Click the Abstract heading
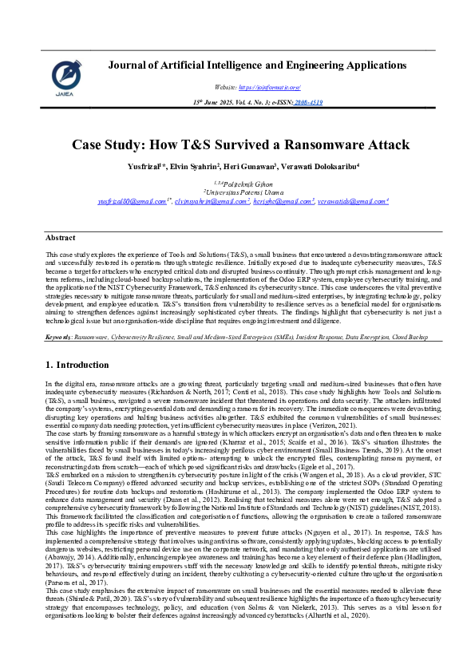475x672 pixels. click(61, 238)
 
